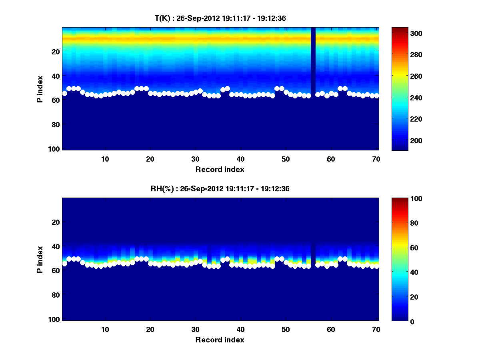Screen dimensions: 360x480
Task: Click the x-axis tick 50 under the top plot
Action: (286, 159)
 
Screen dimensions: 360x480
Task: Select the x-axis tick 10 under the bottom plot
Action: (105, 330)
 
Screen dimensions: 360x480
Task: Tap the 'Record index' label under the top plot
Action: (220, 169)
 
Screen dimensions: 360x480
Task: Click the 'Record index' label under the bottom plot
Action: (220, 340)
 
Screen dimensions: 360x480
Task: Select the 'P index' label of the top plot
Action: (40, 89)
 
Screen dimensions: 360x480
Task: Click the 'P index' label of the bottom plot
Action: (40, 259)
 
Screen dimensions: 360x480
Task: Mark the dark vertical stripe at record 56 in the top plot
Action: (313, 60)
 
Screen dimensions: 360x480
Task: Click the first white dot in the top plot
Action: (65, 93)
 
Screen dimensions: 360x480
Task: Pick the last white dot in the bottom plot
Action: (376, 266)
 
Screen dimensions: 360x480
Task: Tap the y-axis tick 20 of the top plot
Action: (56, 51)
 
